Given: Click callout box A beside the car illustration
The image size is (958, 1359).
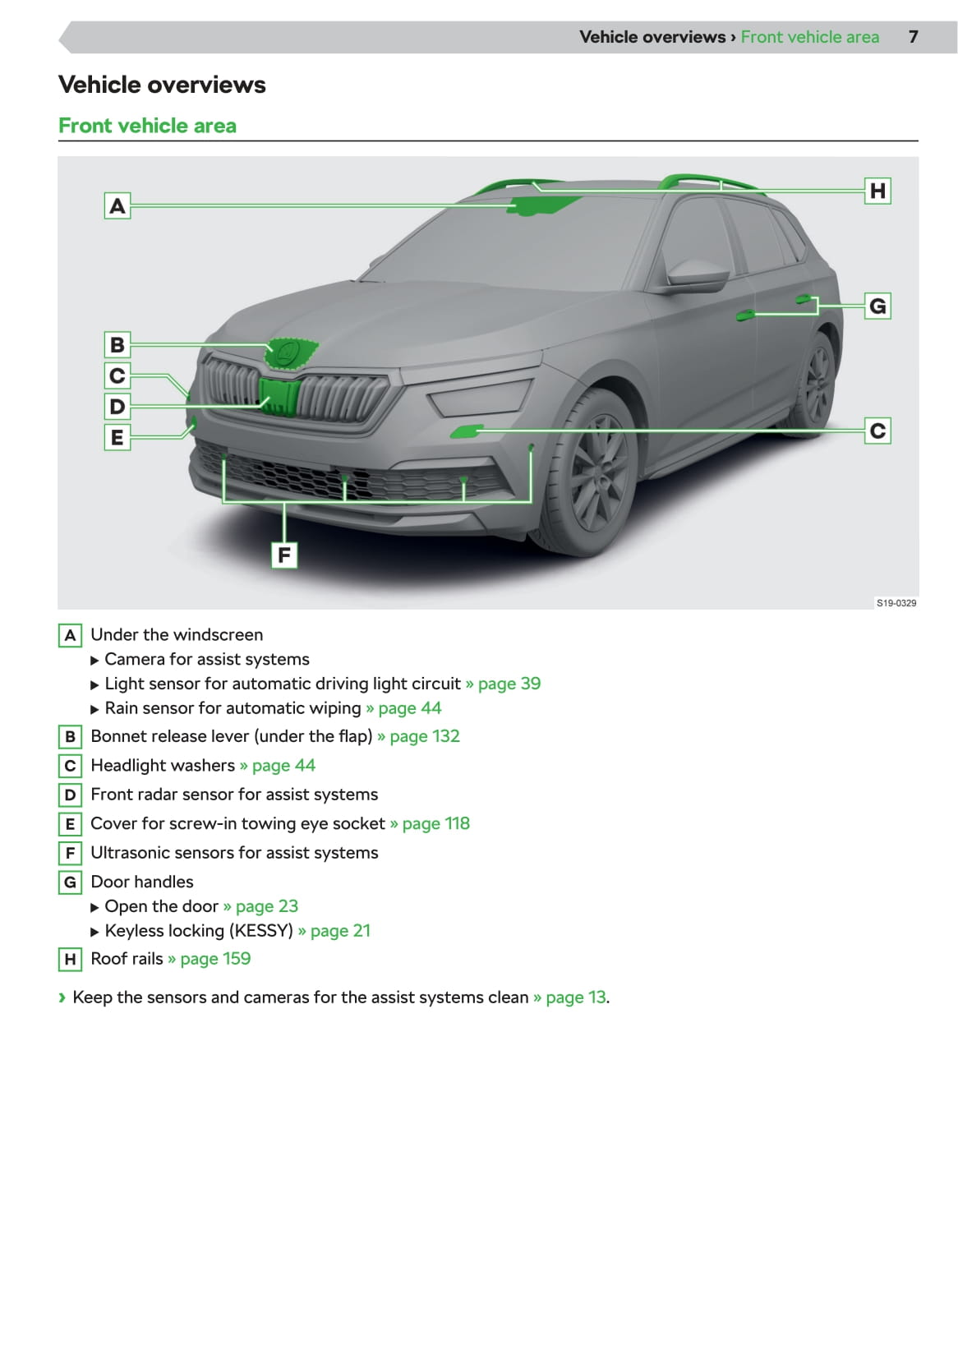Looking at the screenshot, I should tap(117, 205).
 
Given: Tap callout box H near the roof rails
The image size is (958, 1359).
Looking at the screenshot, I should tap(877, 191).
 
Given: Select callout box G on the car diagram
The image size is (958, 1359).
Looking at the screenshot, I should tap(877, 306).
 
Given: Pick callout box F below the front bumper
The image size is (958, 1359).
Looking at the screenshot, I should tap(284, 555).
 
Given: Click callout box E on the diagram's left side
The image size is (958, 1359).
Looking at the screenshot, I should tap(117, 437).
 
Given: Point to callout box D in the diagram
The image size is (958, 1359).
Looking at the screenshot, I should tap(117, 406).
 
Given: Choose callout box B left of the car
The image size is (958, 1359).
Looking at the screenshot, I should tap(117, 344).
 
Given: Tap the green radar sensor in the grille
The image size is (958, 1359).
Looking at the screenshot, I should tap(279, 395).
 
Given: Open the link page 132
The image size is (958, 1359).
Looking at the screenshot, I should tap(424, 736).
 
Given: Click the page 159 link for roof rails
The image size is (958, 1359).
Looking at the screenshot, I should tap(214, 959).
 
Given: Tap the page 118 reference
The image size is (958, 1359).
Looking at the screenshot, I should tap(435, 823).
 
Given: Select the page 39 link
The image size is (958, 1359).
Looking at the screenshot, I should tap(509, 684).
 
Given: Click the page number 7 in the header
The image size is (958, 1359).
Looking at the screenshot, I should tap(913, 37).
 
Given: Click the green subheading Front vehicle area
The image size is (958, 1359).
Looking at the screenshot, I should tap(147, 126).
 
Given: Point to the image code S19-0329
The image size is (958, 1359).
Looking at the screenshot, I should tap(896, 603).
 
